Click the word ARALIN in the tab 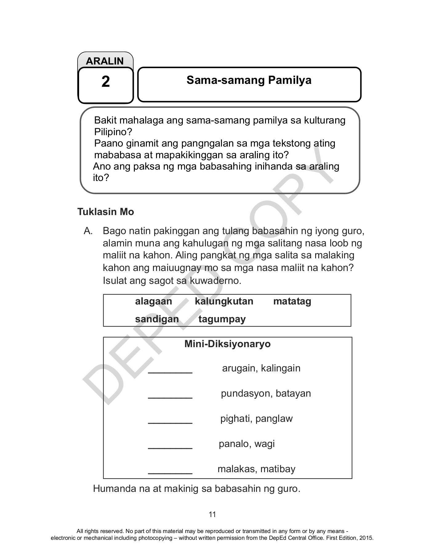tap(105, 61)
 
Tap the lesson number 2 tap(106, 82)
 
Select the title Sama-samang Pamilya tap(249, 80)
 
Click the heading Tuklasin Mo tap(106, 212)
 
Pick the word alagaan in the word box tap(153, 301)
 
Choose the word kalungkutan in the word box tap(224, 301)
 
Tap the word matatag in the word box tap(292, 301)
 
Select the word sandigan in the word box tap(157, 319)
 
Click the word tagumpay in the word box tap(222, 319)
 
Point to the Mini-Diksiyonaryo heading tap(227, 344)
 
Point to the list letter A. tap(88, 231)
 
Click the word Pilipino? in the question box tap(113, 132)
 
